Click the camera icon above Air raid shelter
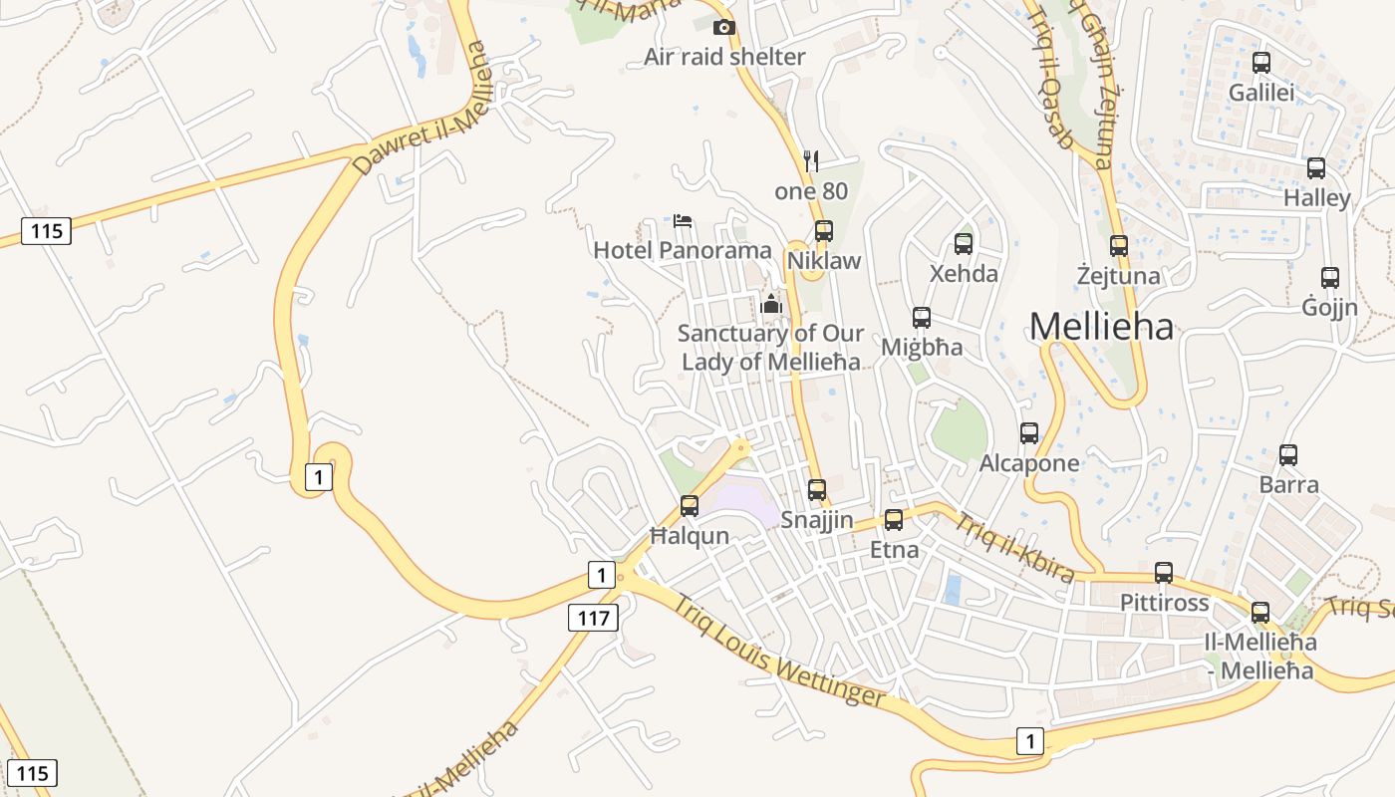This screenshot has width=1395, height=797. (x=724, y=27)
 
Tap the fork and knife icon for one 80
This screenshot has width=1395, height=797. (x=811, y=160)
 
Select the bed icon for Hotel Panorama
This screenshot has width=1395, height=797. (x=683, y=220)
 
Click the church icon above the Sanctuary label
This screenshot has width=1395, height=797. (x=770, y=304)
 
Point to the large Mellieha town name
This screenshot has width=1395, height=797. (x=1101, y=326)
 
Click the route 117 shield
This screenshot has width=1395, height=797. (x=593, y=618)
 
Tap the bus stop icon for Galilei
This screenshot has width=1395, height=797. (x=1261, y=63)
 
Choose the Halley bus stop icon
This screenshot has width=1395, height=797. (x=1316, y=168)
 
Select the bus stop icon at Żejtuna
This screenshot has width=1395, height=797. (x=1119, y=246)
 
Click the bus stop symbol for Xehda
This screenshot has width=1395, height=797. (x=964, y=244)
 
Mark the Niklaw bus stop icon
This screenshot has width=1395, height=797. (x=824, y=231)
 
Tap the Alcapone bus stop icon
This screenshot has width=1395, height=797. (x=1029, y=433)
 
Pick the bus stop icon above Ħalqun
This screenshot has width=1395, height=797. (x=690, y=506)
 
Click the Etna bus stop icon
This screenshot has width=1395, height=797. (x=894, y=520)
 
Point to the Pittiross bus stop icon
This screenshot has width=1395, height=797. (x=1164, y=573)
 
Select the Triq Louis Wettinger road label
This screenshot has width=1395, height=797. (x=778, y=652)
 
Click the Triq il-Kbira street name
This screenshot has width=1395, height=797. (x=1014, y=547)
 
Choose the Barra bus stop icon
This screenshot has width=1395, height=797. (x=1288, y=455)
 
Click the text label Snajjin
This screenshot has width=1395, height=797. (x=817, y=519)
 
